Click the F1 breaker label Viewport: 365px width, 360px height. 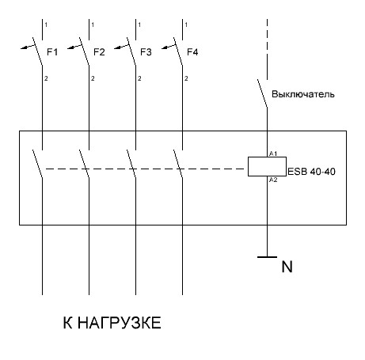pyautogui.click(x=52, y=52)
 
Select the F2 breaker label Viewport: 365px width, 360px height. pyautogui.click(x=99, y=52)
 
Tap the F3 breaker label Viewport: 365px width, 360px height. pyautogui.click(x=146, y=52)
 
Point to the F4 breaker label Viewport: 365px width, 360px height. pyautogui.click(x=192, y=52)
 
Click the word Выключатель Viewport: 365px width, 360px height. pyautogui.click(x=303, y=94)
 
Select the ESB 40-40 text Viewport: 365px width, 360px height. pyautogui.click(x=311, y=172)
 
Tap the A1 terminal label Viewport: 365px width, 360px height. pyautogui.click(x=273, y=153)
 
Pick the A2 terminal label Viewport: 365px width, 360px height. pyautogui.click(x=273, y=180)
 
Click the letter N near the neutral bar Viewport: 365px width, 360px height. pyautogui.click(x=287, y=267)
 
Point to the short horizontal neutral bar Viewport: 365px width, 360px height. pyautogui.click(x=267, y=256)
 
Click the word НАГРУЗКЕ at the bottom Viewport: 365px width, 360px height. pyautogui.click(x=120, y=323)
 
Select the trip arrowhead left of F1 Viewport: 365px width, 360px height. pyautogui.click(x=24, y=47)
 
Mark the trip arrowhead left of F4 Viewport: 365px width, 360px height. pyautogui.click(x=165, y=47)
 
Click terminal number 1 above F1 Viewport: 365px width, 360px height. pyautogui.click(x=46, y=25)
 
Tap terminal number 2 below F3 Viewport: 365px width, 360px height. pyautogui.click(x=139, y=78)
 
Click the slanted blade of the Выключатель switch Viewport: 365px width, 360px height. pyautogui.click(x=262, y=93)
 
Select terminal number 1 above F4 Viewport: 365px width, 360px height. pyautogui.click(x=186, y=25)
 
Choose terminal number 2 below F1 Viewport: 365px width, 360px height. pyautogui.click(x=46, y=78)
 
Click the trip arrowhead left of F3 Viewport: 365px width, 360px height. pyautogui.click(x=117, y=47)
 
